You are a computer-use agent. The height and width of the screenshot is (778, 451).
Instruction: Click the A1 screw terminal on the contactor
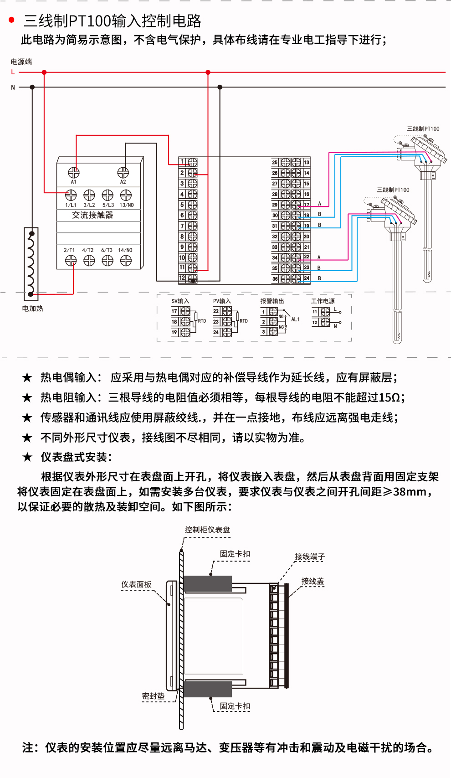click(73, 172)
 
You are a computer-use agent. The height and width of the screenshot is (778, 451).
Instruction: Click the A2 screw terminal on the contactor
click(123, 172)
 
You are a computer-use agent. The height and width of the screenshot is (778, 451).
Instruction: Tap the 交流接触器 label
click(92, 215)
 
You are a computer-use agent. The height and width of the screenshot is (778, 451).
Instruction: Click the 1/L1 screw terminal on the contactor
click(71, 195)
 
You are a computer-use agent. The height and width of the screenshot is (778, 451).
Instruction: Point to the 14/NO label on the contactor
click(125, 250)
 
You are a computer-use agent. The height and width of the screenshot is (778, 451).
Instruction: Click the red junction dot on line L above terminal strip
click(208, 72)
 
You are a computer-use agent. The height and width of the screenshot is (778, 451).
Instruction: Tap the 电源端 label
click(21, 62)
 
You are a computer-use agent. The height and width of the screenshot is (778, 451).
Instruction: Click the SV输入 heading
click(180, 301)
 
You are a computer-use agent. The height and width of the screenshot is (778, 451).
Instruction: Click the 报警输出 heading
click(272, 301)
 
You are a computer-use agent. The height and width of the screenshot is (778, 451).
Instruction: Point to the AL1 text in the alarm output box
click(295, 319)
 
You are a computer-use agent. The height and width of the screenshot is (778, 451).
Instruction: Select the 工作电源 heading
click(323, 301)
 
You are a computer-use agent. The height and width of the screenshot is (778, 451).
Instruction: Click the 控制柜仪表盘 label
click(207, 530)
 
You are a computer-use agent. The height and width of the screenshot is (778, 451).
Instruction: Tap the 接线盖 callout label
click(313, 581)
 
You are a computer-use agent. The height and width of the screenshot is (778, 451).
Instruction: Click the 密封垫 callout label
click(153, 696)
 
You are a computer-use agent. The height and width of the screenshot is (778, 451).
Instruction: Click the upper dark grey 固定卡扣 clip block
click(208, 584)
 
